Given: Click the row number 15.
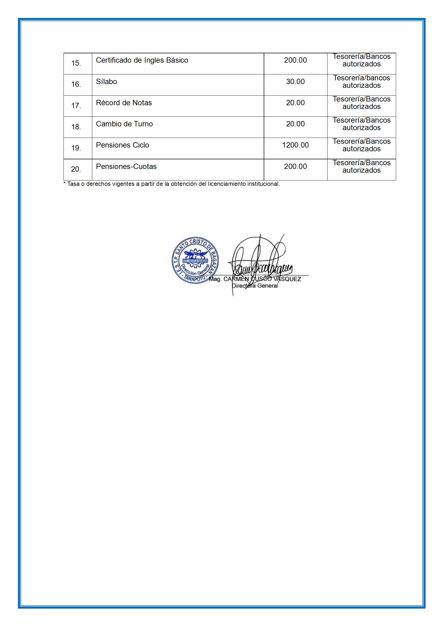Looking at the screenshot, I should coord(76,63).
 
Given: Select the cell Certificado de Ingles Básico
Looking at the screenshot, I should coord(142,60).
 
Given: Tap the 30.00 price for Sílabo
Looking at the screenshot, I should coord(295,81).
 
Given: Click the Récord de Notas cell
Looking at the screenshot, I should coord(124,103).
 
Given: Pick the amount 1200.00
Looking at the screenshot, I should coord(295,145).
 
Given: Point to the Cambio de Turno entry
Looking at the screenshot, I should coord(124,124).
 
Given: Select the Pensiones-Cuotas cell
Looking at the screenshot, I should coord(126,167).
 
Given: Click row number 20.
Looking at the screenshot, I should coord(76,169).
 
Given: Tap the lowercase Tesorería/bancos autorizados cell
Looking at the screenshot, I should coord(361,82).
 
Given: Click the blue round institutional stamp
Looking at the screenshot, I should coord(195,260).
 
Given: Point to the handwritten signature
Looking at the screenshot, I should coord(261,262).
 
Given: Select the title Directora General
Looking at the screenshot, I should coord(255,286).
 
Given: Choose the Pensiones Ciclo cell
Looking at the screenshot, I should coord(122,145).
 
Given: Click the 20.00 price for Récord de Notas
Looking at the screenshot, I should coord(295,103).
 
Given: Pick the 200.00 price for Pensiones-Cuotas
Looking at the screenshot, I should coord(295,167).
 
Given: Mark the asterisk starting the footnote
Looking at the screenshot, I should coord(64,183).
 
